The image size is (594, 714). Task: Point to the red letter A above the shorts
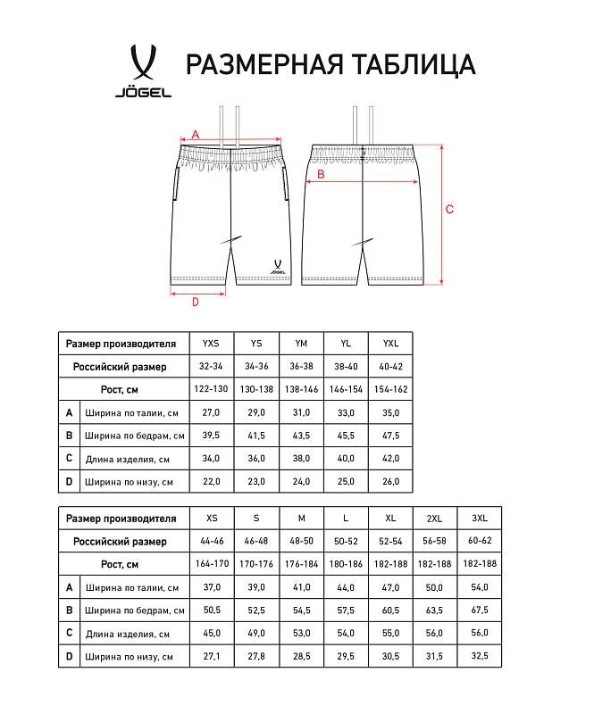coord(195,133)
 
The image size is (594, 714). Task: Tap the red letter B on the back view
coord(320,175)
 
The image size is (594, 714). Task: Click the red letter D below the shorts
coord(195,301)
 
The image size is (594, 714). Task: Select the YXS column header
coord(211,344)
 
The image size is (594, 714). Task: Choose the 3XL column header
coord(480,519)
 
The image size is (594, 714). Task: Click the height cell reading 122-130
coord(211,390)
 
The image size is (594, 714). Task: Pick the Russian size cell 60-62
coord(480,542)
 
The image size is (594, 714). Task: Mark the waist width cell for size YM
coord(301,413)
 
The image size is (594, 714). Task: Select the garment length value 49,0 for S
coord(256,635)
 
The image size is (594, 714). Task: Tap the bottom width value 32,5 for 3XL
coord(480,658)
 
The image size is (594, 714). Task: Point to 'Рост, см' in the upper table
coord(119,390)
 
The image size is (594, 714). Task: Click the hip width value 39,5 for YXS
coord(211,436)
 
